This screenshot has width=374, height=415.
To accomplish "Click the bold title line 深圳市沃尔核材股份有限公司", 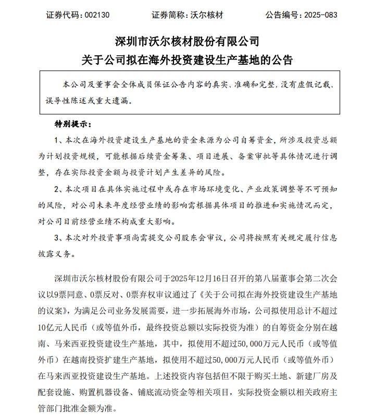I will click(x=186, y=41).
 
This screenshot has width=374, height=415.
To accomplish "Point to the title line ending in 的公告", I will click(x=186, y=60).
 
